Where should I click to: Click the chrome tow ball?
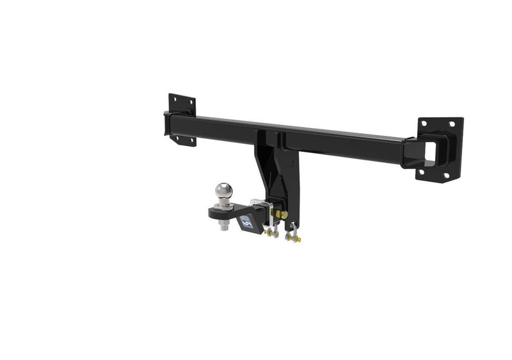[223, 190]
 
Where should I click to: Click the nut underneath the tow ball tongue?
[223, 226]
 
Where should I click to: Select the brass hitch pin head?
[284, 215]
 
